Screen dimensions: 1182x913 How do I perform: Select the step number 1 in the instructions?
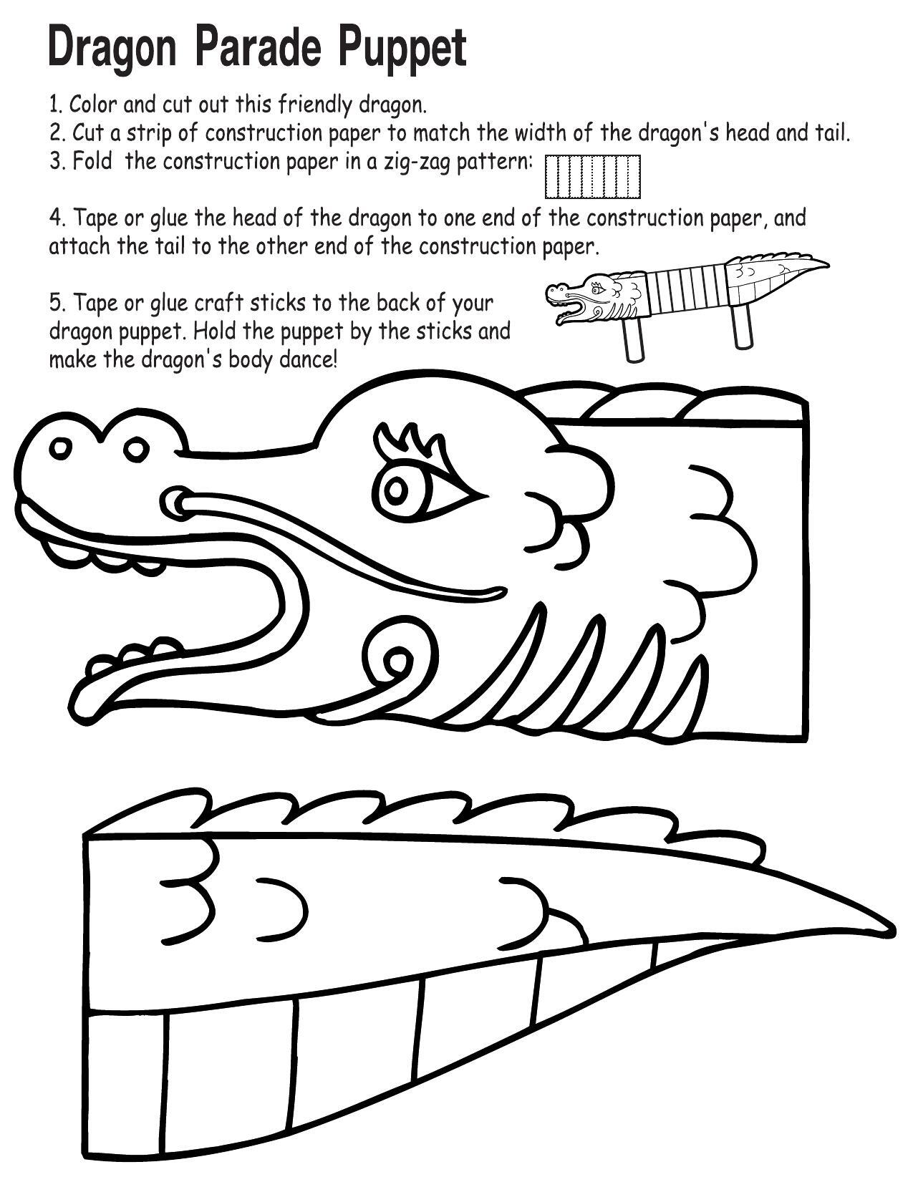point(54,105)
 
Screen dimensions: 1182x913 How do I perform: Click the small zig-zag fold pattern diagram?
point(592,176)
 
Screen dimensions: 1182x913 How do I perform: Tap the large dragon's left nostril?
point(61,448)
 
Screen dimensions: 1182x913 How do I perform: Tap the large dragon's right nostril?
point(134,450)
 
